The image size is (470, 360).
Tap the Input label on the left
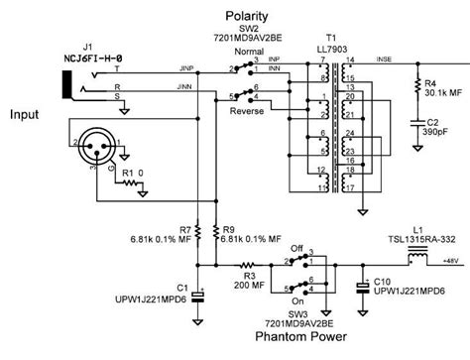click(24, 114)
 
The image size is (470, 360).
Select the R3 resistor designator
click(223, 275)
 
